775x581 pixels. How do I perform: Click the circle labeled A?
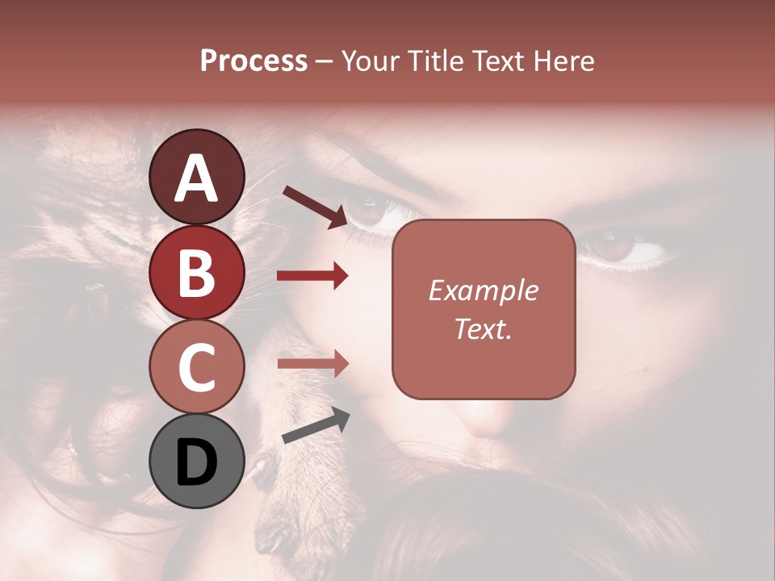coord(196,177)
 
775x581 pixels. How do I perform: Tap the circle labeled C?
coord(196,366)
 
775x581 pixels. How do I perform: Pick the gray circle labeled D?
coord(196,461)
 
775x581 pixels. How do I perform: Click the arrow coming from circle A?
coord(314,207)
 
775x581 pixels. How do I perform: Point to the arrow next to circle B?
coord(312,276)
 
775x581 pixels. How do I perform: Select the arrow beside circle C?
coord(312,364)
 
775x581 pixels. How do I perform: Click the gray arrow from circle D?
coord(316,426)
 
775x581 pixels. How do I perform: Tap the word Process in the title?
coord(253,61)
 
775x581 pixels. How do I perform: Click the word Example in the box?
coord(484,291)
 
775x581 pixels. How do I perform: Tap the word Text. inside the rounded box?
coord(484,328)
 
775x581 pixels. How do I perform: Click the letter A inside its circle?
coord(196,178)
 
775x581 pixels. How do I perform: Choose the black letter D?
coord(196,462)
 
